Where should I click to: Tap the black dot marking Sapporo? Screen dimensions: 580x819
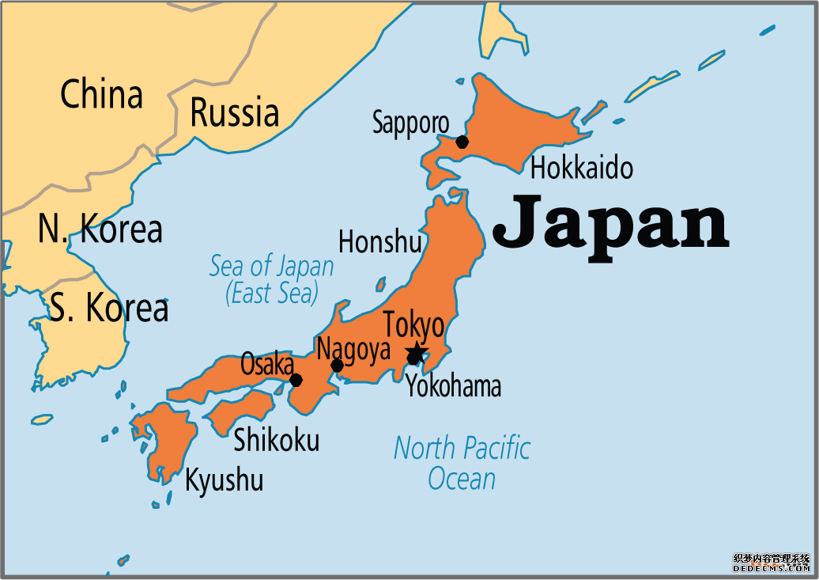(x=462, y=142)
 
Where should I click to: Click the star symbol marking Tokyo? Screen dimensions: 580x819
(x=416, y=353)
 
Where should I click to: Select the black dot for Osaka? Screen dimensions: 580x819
(x=296, y=380)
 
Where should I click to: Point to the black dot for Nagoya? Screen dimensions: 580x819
(x=337, y=366)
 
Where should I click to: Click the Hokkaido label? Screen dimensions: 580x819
(x=581, y=168)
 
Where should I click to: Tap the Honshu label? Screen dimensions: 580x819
(x=379, y=241)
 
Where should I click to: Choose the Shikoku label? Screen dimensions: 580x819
(x=276, y=440)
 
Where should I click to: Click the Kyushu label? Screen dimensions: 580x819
(x=224, y=480)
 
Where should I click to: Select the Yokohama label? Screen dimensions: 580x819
(x=453, y=386)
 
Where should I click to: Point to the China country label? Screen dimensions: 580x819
(x=101, y=95)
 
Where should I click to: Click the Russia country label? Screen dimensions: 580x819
(x=234, y=112)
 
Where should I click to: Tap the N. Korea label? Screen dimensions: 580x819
(x=100, y=229)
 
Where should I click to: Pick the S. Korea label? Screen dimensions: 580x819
(x=109, y=308)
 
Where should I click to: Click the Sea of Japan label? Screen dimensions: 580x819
(x=271, y=279)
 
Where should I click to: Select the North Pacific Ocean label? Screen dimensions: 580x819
(x=462, y=463)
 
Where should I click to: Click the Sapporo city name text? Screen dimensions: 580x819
(x=410, y=123)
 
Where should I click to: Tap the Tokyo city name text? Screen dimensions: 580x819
(x=413, y=325)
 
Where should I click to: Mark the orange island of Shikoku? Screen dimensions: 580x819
(x=241, y=409)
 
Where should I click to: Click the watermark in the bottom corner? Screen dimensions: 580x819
(x=772, y=563)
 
